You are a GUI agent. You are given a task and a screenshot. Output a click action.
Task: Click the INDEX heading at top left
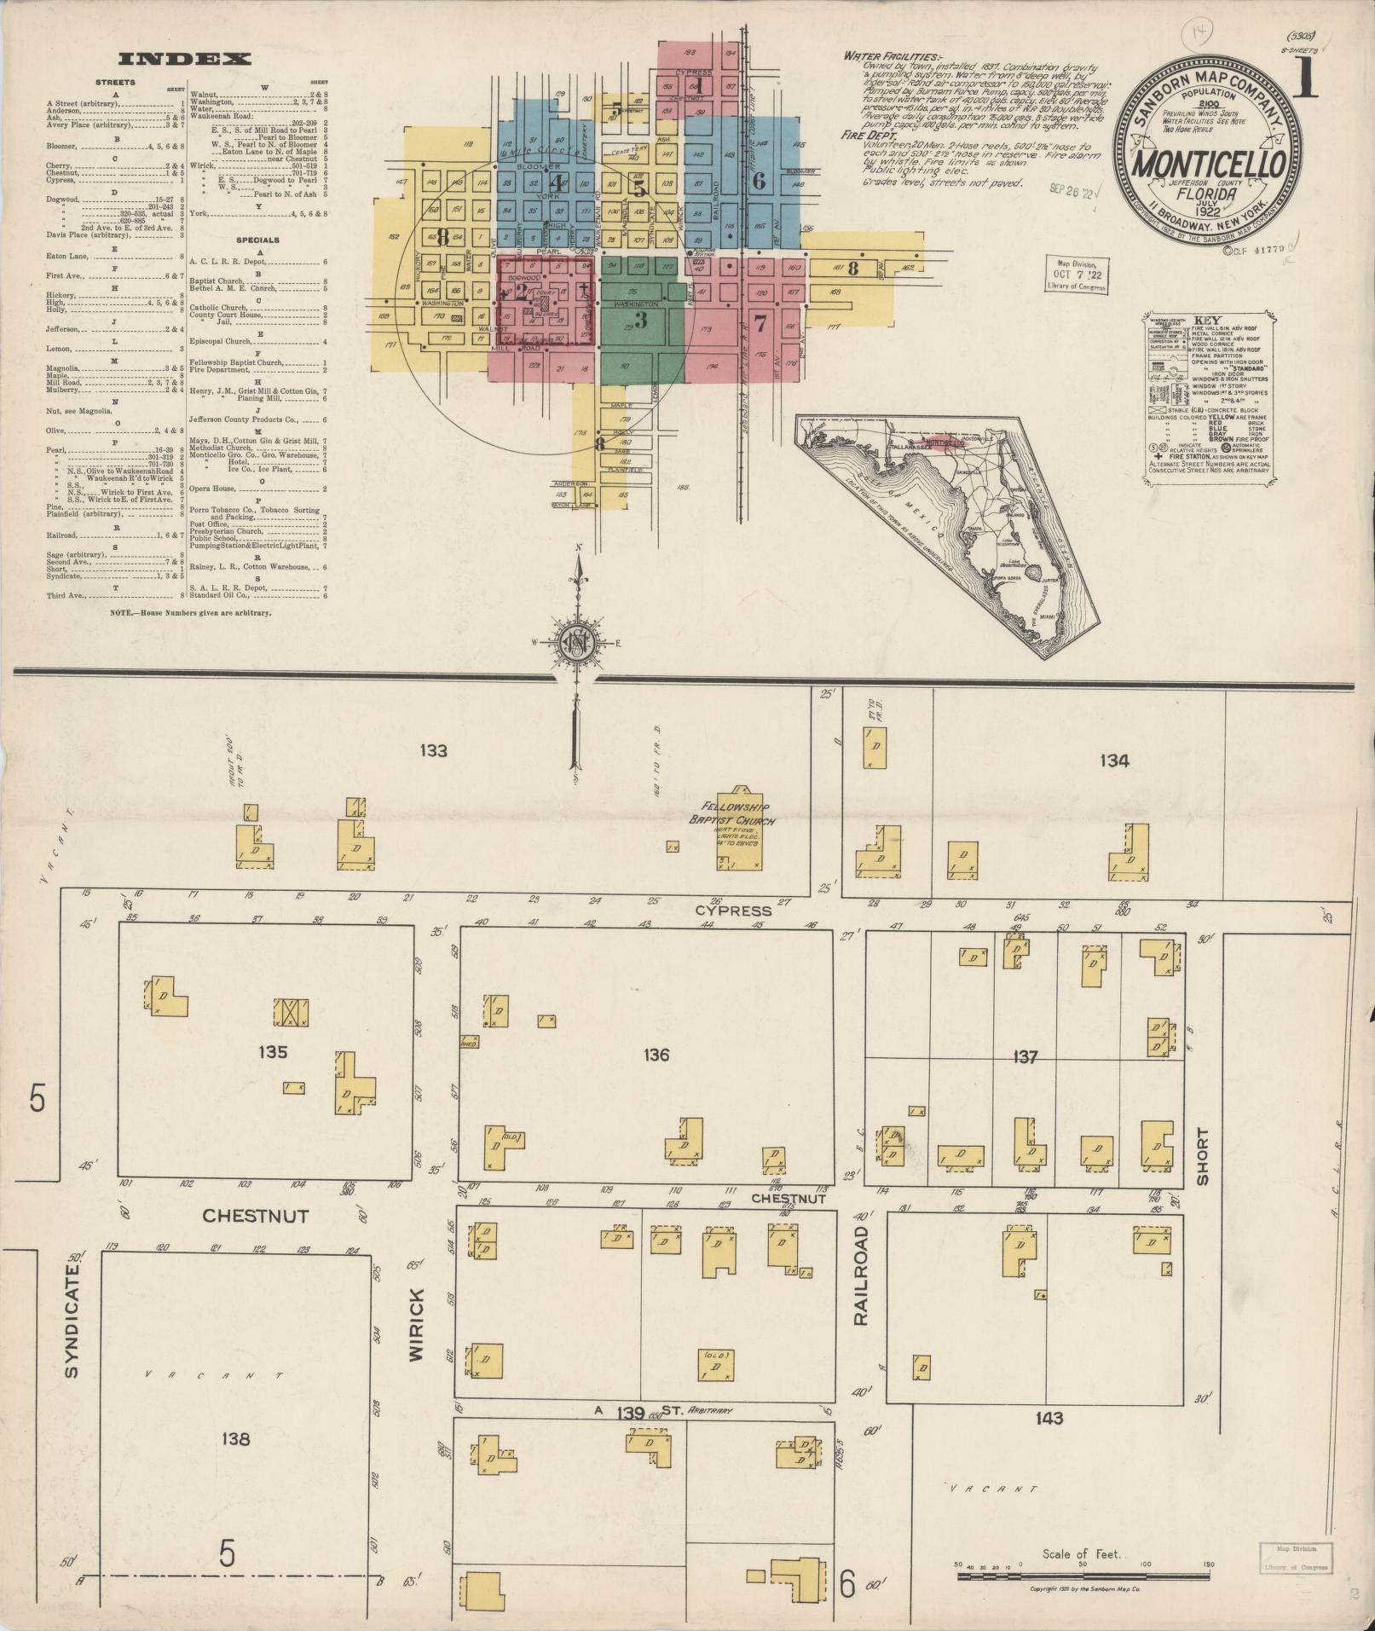[x=185, y=59]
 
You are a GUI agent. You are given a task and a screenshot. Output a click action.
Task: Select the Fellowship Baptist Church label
[x=732, y=813]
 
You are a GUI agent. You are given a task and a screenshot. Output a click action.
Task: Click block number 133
[x=433, y=751]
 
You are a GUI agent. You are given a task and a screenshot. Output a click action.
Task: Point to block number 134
[x=1114, y=761]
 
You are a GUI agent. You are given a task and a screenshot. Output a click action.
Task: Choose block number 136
[x=656, y=1056]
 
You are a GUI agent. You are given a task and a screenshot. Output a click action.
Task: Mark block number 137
[x=1024, y=1057]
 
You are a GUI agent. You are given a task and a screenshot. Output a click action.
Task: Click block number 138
[x=234, y=1439]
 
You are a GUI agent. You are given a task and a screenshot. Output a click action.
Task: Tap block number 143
[x=1049, y=1419]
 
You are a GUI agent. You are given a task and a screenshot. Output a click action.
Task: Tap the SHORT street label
[x=1202, y=1156]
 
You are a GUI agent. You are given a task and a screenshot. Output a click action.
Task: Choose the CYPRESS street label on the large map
[x=733, y=911]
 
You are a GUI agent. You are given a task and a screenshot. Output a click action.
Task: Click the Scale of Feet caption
[x=1081, y=1554]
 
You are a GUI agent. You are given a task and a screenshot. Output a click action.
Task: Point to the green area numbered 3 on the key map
[x=641, y=321]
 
